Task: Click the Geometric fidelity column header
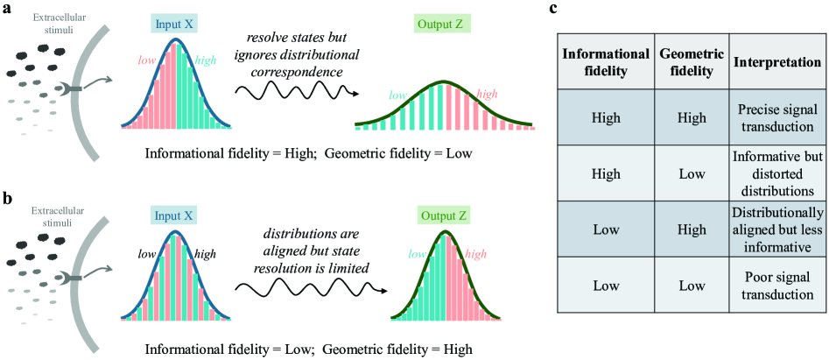(692, 63)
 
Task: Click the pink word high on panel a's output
(488, 93)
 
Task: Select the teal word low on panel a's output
(398, 95)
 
